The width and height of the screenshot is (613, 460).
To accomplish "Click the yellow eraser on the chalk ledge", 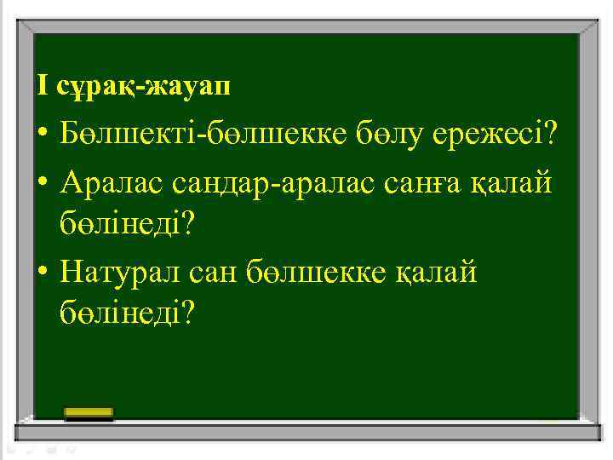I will coord(89,413).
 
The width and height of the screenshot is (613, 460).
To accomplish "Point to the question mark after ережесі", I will coord(550,133).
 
